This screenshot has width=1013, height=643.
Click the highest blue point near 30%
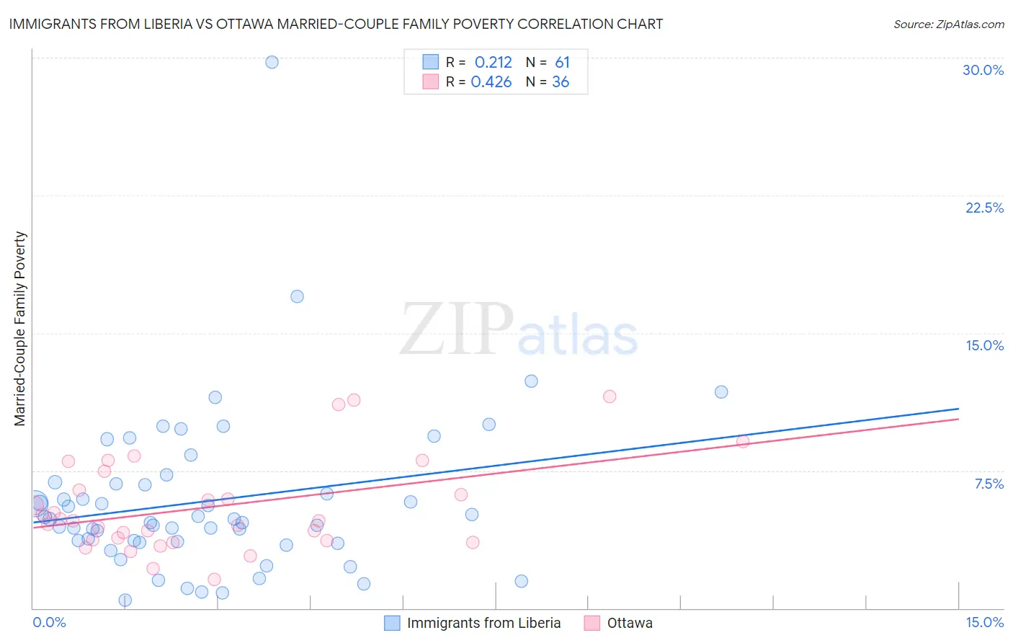272,62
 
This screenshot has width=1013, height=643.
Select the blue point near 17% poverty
297,296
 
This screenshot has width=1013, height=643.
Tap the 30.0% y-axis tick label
983,70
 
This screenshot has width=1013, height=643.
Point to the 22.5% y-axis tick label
984,208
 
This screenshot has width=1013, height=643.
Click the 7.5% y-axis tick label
989,484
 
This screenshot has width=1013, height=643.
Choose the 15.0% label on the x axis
984,622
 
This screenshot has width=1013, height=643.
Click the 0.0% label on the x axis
49,622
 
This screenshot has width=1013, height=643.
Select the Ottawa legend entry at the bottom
629,623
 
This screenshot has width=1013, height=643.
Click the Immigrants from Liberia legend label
483,623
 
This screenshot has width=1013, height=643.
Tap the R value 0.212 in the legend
493,63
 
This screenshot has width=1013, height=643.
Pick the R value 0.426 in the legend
491,82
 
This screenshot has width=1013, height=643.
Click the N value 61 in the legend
562,63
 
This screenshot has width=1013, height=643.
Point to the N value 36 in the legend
561,82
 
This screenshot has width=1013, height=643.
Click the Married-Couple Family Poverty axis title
20,329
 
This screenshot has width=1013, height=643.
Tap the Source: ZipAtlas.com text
948,25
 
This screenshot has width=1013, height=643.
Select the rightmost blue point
721,392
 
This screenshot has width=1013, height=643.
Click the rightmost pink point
743,441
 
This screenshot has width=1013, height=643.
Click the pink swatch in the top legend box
431,81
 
